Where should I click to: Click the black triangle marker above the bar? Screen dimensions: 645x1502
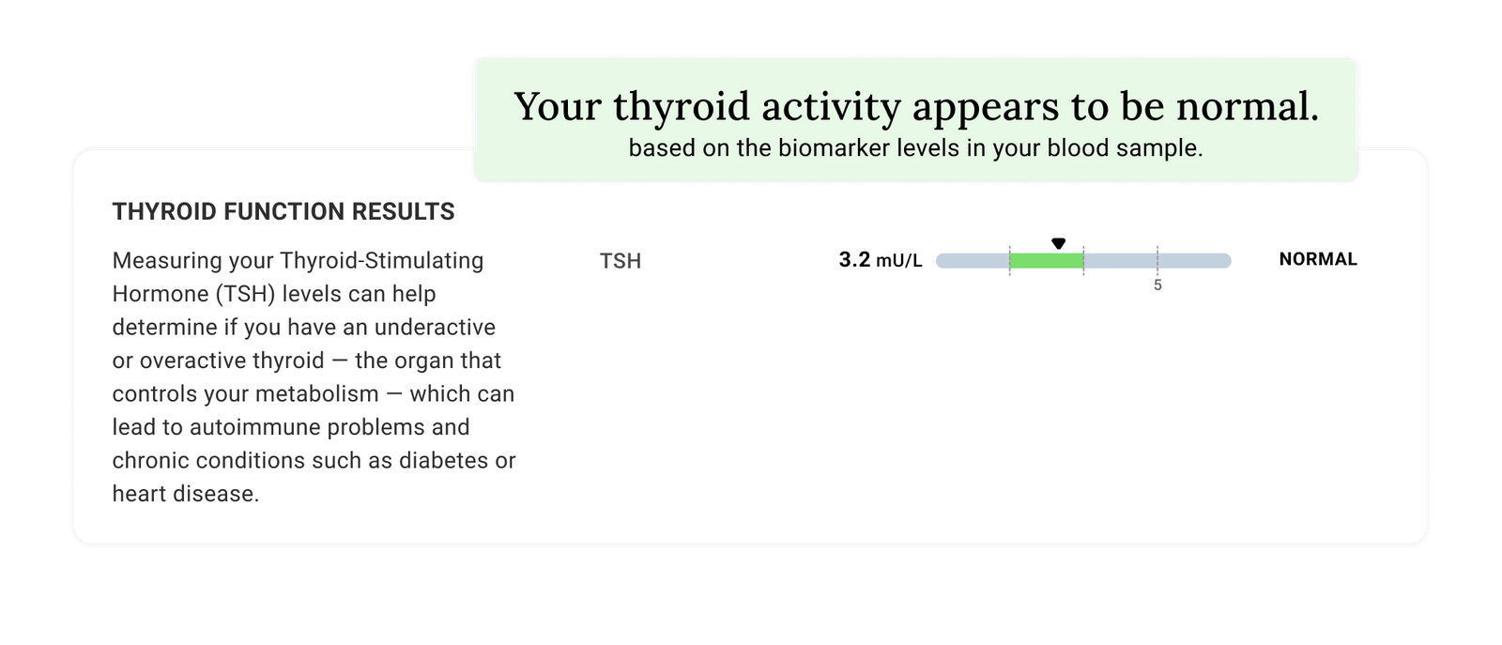tap(1058, 243)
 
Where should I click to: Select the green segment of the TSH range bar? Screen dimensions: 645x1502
tap(1047, 261)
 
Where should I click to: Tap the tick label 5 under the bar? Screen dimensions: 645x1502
tap(1157, 285)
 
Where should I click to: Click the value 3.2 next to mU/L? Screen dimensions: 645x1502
tap(854, 260)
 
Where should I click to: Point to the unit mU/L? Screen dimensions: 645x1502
tap(899, 261)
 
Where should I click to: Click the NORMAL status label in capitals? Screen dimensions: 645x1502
tap(1318, 259)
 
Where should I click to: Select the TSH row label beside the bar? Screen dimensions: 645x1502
tap(621, 261)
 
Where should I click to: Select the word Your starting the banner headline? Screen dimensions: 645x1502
tap(558, 107)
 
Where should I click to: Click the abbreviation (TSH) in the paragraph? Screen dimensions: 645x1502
tap(245, 294)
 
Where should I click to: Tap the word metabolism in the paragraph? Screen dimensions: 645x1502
tap(319, 394)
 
